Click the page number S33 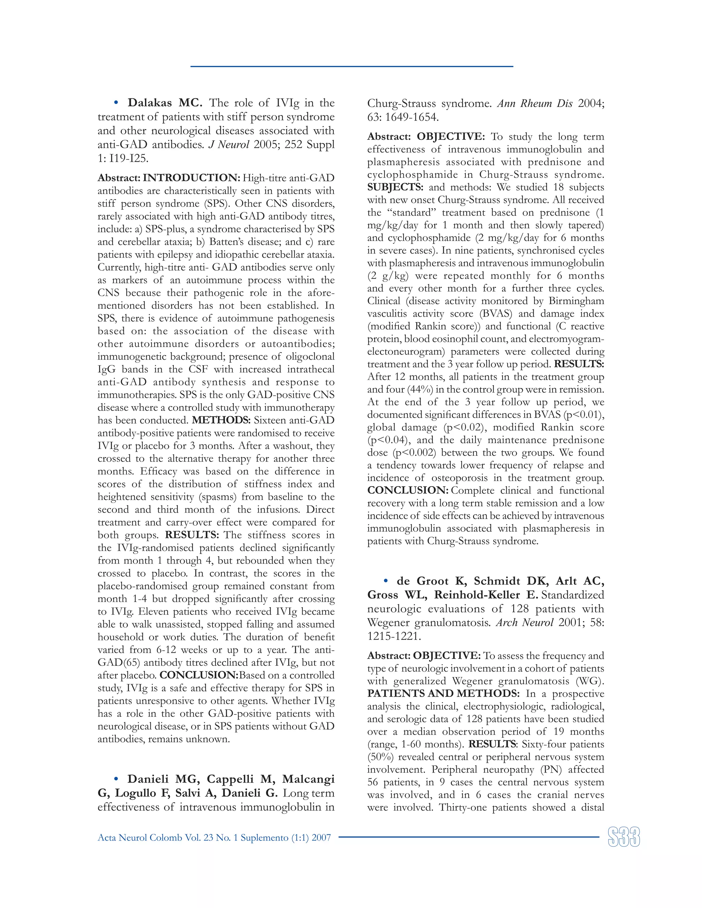pos(624,837)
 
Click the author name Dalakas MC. pos(165,103)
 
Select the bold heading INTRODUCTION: pos(191,178)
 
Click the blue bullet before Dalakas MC pos(117,103)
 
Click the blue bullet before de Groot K pos(386,581)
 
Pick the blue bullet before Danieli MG pos(117,779)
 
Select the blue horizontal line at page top pos(351,66)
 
